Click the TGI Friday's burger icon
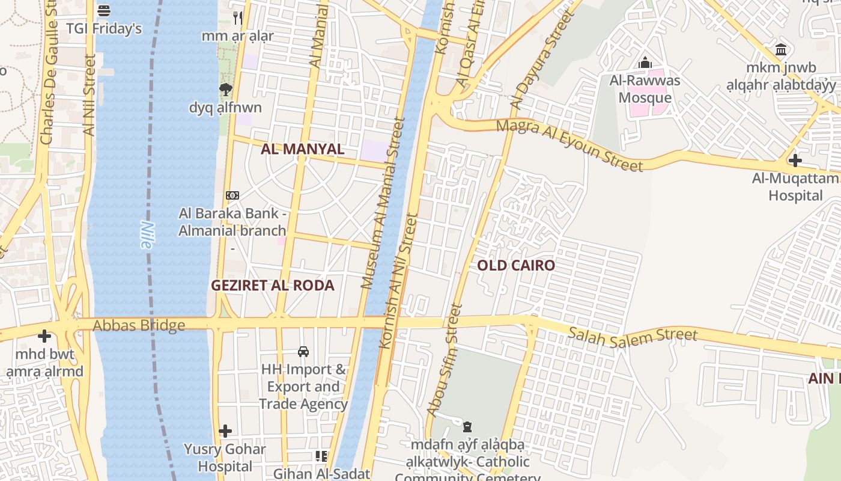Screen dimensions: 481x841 pyautogui.click(x=104, y=11)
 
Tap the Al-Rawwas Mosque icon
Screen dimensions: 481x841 pyautogui.click(x=645, y=63)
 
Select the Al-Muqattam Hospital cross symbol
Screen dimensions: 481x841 pyautogui.click(x=795, y=161)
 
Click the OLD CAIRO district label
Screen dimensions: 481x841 pyautogui.click(x=516, y=265)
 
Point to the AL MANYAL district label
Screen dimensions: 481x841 pyautogui.click(x=303, y=149)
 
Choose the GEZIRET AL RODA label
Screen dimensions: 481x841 pyautogui.click(x=272, y=285)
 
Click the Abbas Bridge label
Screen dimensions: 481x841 pyautogui.click(x=139, y=326)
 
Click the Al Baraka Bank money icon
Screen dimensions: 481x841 pyautogui.click(x=232, y=195)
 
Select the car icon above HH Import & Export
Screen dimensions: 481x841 pyautogui.click(x=303, y=351)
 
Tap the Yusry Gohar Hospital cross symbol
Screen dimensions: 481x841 pyautogui.click(x=225, y=431)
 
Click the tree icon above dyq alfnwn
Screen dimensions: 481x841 pyautogui.click(x=226, y=90)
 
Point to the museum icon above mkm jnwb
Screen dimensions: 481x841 pyautogui.click(x=781, y=49)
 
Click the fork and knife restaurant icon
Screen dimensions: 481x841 pyautogui.click(x=238, y=18)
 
